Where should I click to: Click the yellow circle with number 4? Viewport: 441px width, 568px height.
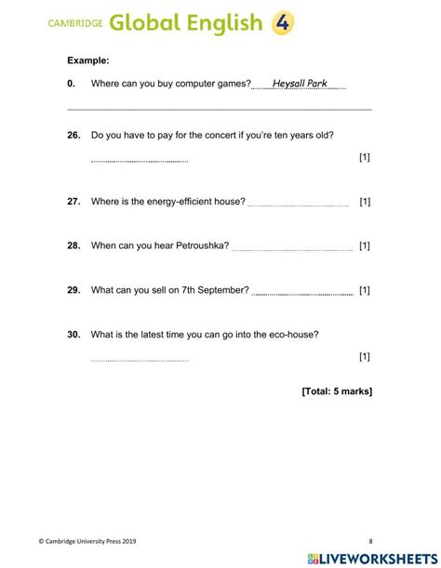point(283,23)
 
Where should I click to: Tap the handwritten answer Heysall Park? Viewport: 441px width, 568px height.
point(299,84)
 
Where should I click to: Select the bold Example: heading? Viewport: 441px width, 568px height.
point(88,60)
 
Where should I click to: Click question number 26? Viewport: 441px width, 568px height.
point(73,135)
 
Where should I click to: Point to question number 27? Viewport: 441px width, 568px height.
point(73,202)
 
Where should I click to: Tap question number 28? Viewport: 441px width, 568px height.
point(73,245)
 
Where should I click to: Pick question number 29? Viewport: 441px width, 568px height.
point(73,290)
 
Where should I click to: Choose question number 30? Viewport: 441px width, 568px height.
point(73,335)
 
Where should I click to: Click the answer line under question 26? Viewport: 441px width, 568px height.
point(140,161)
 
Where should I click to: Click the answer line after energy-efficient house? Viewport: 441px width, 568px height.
point(301,205)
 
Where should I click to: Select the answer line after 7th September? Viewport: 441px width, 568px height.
point(302,293)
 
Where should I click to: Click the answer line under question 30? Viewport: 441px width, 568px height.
point(140,360)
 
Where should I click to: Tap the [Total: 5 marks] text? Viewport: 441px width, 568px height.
point(337,391)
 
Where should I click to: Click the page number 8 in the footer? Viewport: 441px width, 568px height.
point(369,540)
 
